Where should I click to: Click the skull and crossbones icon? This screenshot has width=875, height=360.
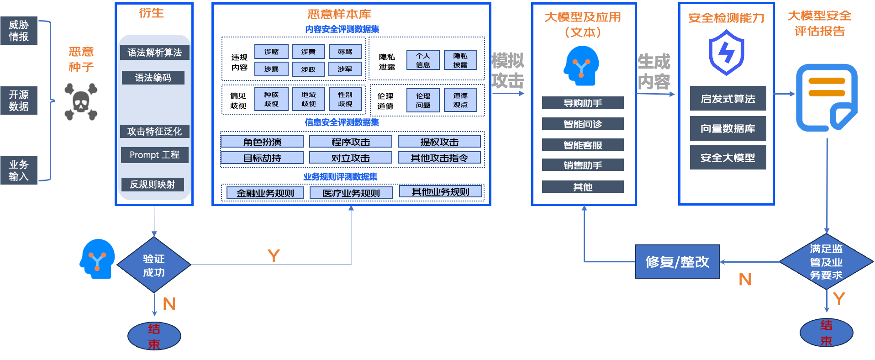point(81,101)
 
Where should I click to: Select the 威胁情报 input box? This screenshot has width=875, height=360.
point(19,31)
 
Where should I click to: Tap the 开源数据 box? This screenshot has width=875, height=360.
point(19,101)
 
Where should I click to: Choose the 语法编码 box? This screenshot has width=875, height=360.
point(153,78)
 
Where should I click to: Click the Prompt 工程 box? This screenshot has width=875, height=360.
point(154,155)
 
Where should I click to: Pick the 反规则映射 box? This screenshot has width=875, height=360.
point(153,185)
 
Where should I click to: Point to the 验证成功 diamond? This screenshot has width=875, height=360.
point(154,265)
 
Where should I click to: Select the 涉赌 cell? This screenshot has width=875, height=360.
point(271,52)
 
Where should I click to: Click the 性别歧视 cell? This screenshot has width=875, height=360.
point(345,99)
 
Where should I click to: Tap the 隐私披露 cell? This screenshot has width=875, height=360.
point(460,60)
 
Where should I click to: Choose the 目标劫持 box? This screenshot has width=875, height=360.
point(262,158)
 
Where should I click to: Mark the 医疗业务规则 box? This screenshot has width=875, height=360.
point(351,193)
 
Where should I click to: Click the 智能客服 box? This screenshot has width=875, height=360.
point(583,145)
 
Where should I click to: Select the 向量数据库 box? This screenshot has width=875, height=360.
point(727,129)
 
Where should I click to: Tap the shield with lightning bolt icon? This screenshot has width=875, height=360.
point(726,53)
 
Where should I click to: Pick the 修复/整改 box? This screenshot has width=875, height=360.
point(677,262)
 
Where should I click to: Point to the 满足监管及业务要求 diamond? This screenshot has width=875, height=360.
point(826,262)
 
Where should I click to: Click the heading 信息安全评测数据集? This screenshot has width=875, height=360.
point(342,122)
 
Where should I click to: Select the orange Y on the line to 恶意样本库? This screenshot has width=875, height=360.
point(274,256)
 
